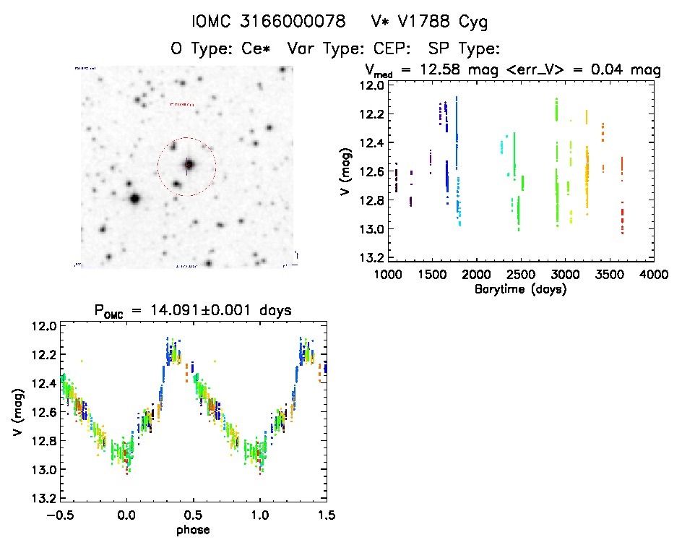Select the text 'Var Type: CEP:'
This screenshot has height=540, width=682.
(x=350, y=49)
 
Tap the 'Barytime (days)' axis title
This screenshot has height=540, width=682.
(x=519, y=289)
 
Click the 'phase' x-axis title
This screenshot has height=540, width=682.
(x=194, y=530)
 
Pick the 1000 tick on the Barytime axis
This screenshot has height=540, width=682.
(x=387, y=275)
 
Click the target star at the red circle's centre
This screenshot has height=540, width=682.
(x=189, y=165)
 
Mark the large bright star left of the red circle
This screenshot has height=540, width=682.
(x=134, y=198)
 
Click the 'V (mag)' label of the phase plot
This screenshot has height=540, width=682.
(x=16, y=413)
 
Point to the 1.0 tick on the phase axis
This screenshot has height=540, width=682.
(x=259, y=515)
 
